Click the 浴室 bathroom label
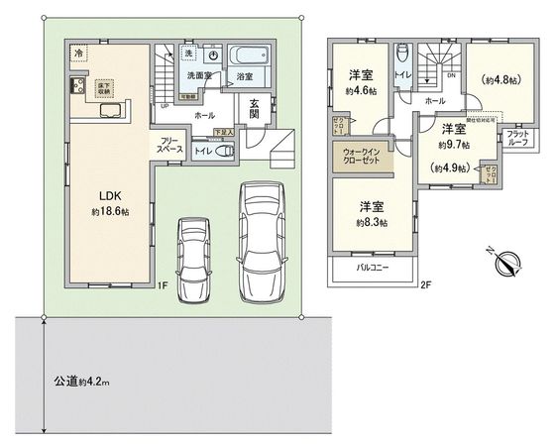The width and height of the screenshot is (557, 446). click(x=242, y=75)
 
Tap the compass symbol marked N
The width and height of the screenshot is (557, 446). click(x=508, y=263)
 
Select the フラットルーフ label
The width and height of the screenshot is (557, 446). click(x=516, y=140)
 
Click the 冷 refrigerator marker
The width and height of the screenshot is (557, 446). click(x=78, y=53)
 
